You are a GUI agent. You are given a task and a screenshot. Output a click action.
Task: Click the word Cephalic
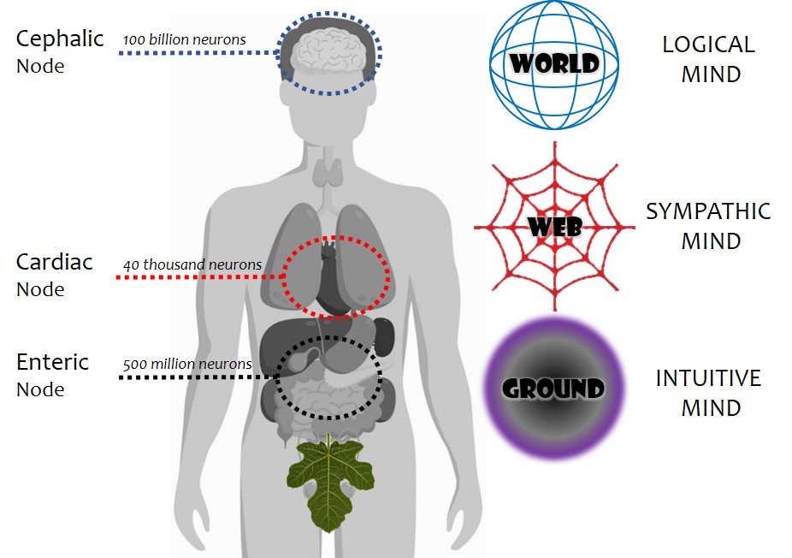(x=60, y=39)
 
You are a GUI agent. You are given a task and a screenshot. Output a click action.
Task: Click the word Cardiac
(x=54, y=262)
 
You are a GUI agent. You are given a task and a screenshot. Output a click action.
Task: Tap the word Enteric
(x=52, y=362)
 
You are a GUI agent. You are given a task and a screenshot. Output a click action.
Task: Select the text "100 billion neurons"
(x=185, y=39)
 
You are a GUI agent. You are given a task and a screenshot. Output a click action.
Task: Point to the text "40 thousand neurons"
(x=192, y=264)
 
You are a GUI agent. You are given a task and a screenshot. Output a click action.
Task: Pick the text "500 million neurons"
(x=187, y=364)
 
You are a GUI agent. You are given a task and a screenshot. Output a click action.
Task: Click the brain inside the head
(x=329, y=52)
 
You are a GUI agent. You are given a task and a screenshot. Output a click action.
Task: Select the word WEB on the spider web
(x=555, y=228)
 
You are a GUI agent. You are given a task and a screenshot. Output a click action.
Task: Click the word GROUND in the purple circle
(x=553, y=389)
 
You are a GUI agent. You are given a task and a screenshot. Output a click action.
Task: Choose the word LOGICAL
(x=709, y=45)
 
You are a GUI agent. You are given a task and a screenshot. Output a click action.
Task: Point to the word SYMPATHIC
(x=708, y=211)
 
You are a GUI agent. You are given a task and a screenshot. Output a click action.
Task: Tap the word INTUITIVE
(x=708, y=377)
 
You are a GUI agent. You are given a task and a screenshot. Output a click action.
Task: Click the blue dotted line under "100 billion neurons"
(x=197, y=53)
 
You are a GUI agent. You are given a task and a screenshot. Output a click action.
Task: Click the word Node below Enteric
(x=40, y=389)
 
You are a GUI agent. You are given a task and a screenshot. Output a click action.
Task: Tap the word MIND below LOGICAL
(x=711, y=74)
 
